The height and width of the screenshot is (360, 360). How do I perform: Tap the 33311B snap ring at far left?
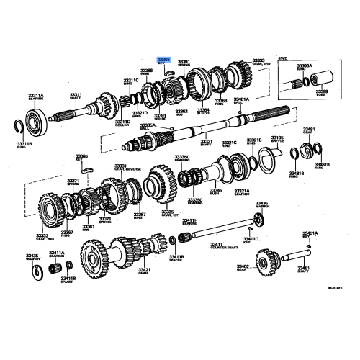point(24,130)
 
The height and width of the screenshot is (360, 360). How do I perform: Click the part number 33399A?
point(304,66)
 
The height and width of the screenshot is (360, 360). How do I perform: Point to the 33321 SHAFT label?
point(206,143)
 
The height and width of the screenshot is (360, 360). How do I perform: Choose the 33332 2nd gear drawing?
point(51,213)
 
